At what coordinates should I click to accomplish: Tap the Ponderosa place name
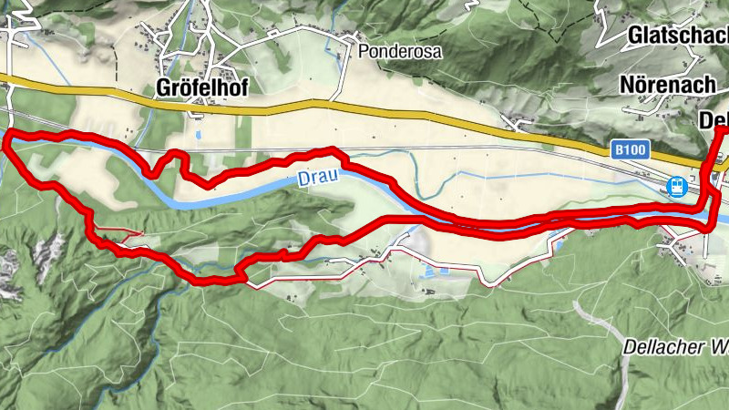400,52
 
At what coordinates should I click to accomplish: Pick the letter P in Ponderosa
364,52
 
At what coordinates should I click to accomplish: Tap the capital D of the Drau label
303,180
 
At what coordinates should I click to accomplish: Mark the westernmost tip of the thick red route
7,139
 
